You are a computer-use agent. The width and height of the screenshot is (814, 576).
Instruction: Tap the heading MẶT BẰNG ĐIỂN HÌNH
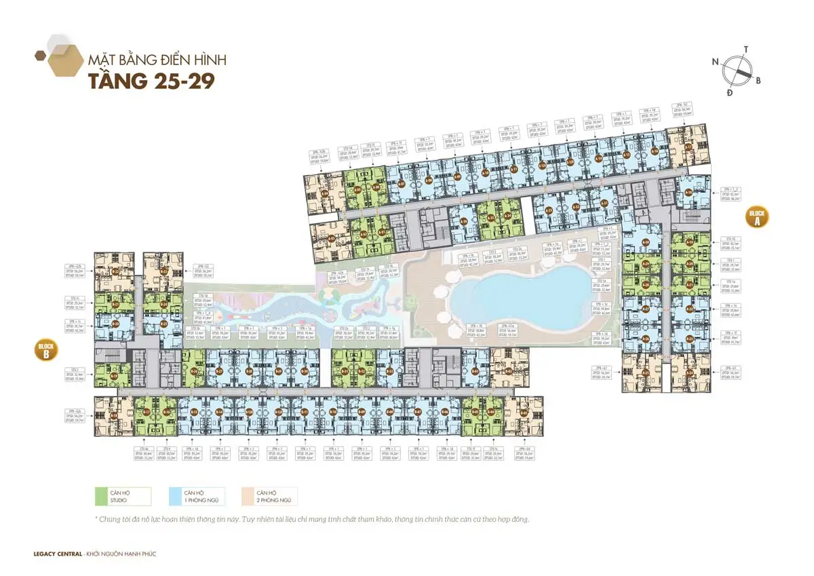point(157,60)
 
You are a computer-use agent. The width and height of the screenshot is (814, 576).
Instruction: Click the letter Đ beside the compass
point(729,92)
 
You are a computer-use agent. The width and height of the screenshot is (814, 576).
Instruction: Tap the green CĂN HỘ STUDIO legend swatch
point(121,497)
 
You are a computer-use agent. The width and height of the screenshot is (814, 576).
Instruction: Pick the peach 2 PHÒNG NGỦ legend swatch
point(268,497)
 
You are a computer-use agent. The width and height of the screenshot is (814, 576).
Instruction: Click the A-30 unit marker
point(646,242)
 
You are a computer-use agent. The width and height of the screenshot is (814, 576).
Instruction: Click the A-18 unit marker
point(689,192)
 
